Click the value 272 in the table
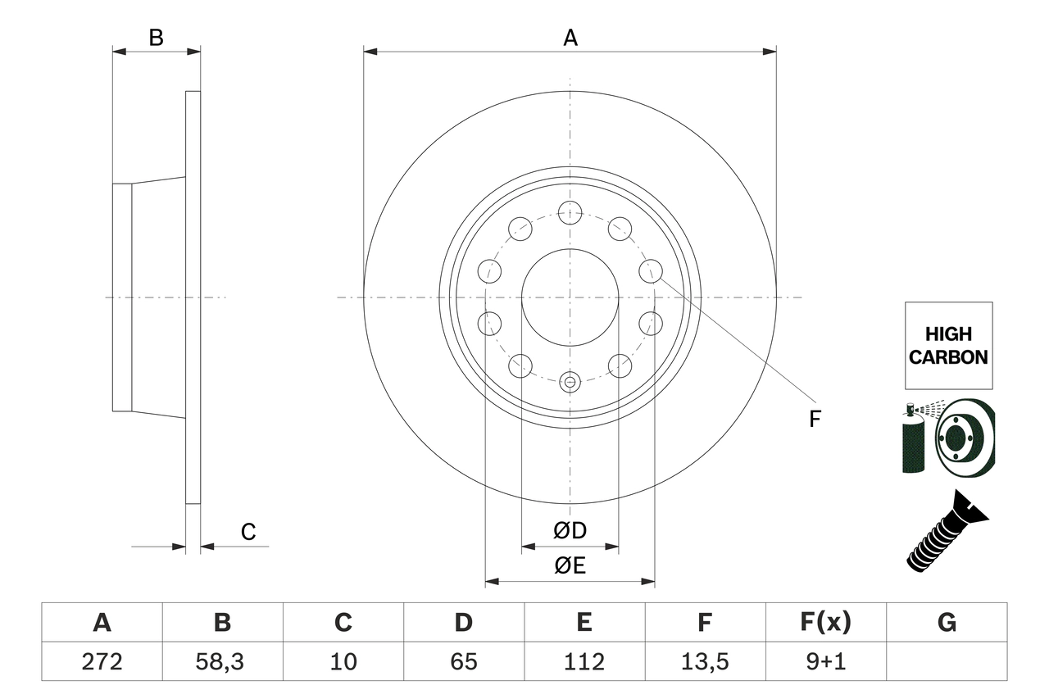coord(102,661)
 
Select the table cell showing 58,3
coord(222,661)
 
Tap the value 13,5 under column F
coord(704,661)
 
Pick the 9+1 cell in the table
coord(825,661)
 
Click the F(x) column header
coord(825,623)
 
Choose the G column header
coord(947,623)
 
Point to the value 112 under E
coord(584,661)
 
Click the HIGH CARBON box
coord(948,345)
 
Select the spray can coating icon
coord(915,438)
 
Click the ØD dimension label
coord(570,530)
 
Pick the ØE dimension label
coord(570,565)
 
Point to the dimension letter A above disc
coord(570,37)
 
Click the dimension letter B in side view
coord(157,37)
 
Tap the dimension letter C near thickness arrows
coord(248,533)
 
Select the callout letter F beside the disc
coord(815,420)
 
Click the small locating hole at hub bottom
coord(570,381)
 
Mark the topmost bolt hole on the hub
coord(570,212)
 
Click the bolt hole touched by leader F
coord(651,270)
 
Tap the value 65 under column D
coord(463,661)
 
